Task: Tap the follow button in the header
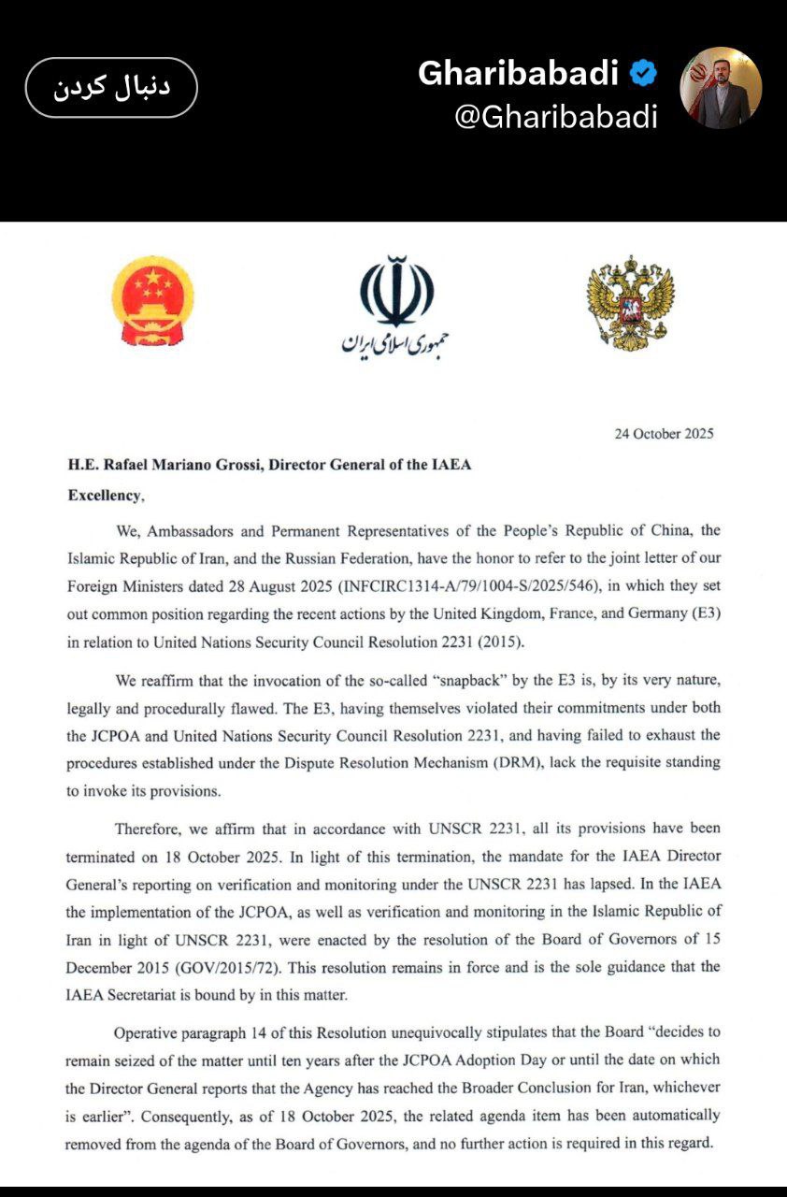pos(111,87)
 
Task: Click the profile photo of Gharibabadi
pos(721,88)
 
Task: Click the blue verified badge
pos(644,72)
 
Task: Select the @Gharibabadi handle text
pos(555,117)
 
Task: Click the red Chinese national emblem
pos(153,302)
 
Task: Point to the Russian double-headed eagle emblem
pos(630,303)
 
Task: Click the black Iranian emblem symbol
pos(396,289)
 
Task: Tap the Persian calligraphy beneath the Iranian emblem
pos(395,343)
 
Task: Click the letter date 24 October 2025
pos(664,433)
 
